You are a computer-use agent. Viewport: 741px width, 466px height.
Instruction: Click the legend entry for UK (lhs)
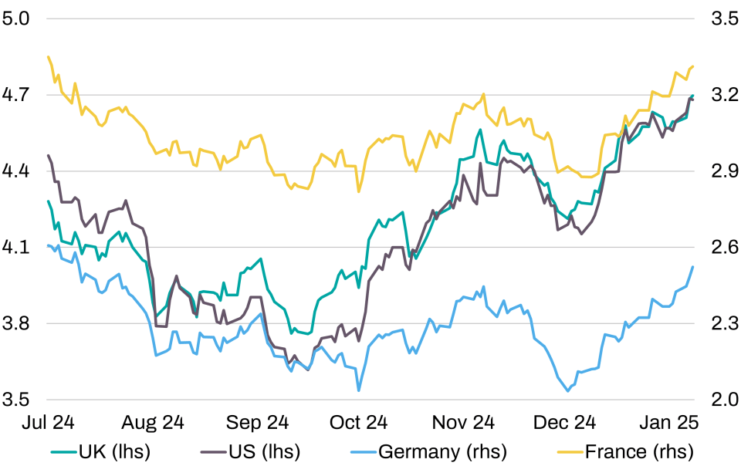pos(100,452)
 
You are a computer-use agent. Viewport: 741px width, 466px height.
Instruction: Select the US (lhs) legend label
pos(250,452)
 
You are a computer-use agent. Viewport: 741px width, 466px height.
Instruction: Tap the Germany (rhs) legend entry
pos(428,452)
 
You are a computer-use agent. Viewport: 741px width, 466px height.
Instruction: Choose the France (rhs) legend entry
pos(626,452)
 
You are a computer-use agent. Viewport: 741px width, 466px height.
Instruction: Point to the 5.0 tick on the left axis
pos(15,19)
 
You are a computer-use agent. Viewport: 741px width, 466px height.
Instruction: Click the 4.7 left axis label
pos(15,95)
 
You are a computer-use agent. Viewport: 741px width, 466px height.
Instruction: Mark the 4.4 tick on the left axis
pos(15,171)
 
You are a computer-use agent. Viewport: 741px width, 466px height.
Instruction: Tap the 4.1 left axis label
pos(15,247)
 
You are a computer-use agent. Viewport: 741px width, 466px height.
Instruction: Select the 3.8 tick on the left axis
pos(15,323)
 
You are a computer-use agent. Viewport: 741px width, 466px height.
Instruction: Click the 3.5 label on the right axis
pos(725,19)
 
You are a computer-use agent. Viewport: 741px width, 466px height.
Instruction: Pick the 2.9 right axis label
pos(725,171)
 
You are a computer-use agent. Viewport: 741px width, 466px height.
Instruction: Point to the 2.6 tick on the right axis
pos(725,247)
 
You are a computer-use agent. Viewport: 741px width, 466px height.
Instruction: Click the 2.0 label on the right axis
pos(725,400)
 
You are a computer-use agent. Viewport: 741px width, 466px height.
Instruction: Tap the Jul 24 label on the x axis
pos(48,422)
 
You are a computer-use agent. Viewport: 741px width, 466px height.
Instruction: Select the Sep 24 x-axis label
pos(257,422)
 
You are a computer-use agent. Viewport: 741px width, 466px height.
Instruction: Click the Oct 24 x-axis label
pos(358,422)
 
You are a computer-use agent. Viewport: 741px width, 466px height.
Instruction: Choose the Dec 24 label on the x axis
pos(564,422)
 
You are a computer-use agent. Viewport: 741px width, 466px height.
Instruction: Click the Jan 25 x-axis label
pos(668,422)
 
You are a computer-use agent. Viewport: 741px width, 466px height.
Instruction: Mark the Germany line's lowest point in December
pos(568,391)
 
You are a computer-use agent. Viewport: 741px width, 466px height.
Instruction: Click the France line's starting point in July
pos(48,57)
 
